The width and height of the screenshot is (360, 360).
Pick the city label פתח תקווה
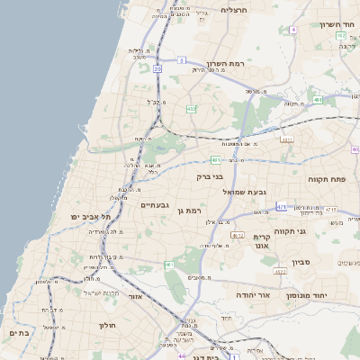[x=339, y=179]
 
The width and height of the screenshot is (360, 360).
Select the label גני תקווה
[x=287, y=230]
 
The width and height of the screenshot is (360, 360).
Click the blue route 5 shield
[x=181, y=60]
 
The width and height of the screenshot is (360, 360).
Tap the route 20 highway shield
[x=157, y=67]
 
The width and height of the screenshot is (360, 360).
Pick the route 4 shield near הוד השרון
[x=293, y=30]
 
